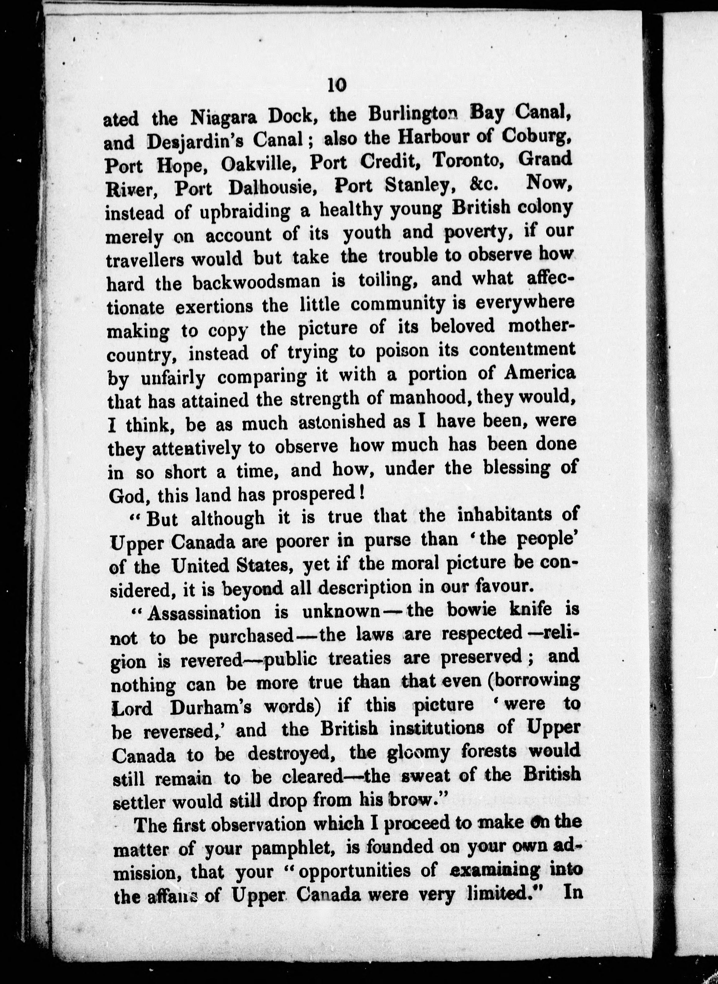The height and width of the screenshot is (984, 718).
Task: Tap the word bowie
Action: (484, 611)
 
